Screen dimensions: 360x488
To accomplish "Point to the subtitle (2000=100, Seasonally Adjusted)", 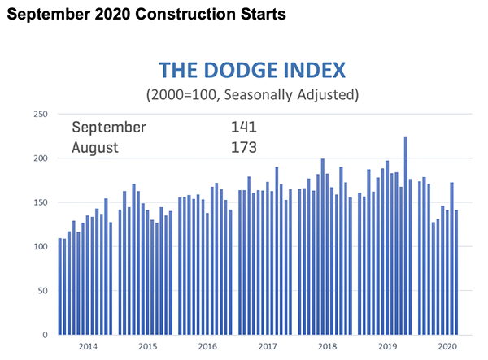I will (251, 93).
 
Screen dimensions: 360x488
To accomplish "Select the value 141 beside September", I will (243, 127).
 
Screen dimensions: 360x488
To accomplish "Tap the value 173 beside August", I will (243, 148).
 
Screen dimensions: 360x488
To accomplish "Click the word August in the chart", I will (95, 148).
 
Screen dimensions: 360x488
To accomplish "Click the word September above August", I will (109, 127).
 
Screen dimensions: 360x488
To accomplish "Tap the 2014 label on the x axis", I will (88, 346).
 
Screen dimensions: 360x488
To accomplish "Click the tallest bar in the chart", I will (406, 236).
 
